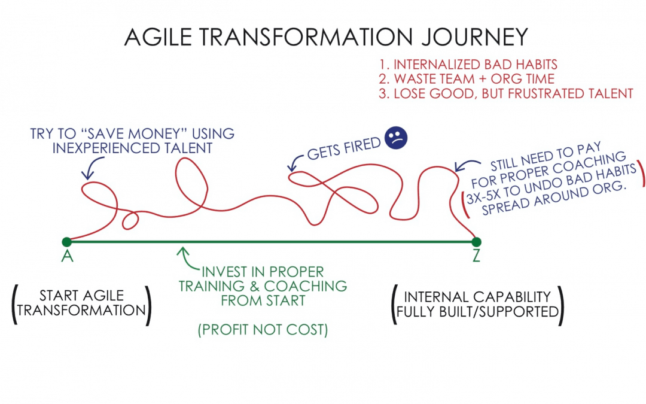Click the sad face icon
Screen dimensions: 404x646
pos(395,137)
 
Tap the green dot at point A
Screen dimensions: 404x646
pos(66,242)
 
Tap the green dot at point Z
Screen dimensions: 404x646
pos(476,242)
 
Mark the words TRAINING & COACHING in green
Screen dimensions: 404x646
pos(264,285)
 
